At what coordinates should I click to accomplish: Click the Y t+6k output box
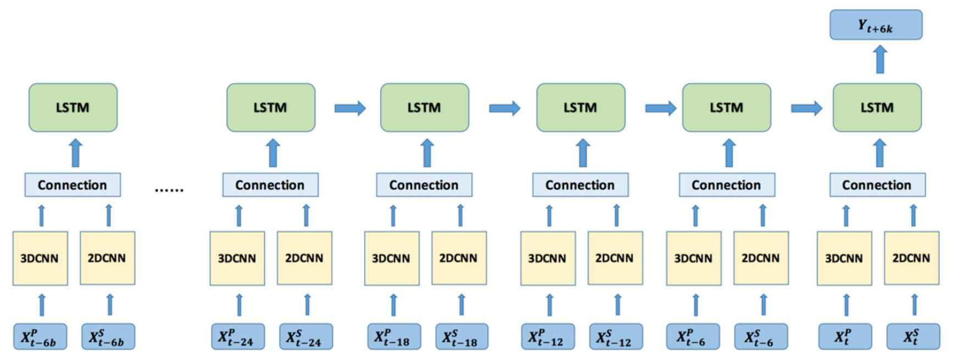876,25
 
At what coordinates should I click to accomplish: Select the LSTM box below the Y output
877,108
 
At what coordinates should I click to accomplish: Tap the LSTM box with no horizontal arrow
73,108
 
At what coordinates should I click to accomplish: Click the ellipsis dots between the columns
169,190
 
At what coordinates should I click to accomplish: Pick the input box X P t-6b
40,337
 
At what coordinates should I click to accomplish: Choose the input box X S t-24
306,337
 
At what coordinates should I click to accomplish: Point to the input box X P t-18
394,337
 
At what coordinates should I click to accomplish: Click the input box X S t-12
616,337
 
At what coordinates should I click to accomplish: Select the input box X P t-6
693,337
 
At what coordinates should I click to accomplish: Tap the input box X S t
913,337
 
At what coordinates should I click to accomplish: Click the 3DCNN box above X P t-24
237,258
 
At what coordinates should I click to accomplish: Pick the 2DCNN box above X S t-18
459,258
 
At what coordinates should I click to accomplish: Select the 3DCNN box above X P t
844,258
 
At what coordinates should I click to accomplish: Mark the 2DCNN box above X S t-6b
107,258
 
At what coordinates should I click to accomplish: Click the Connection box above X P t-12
580,185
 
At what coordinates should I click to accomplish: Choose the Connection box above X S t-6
726,185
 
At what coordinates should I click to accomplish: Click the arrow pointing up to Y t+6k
880,59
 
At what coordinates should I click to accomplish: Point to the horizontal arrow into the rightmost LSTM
807,108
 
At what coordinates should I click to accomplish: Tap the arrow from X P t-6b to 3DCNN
42,305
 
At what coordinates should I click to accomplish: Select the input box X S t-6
761,337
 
